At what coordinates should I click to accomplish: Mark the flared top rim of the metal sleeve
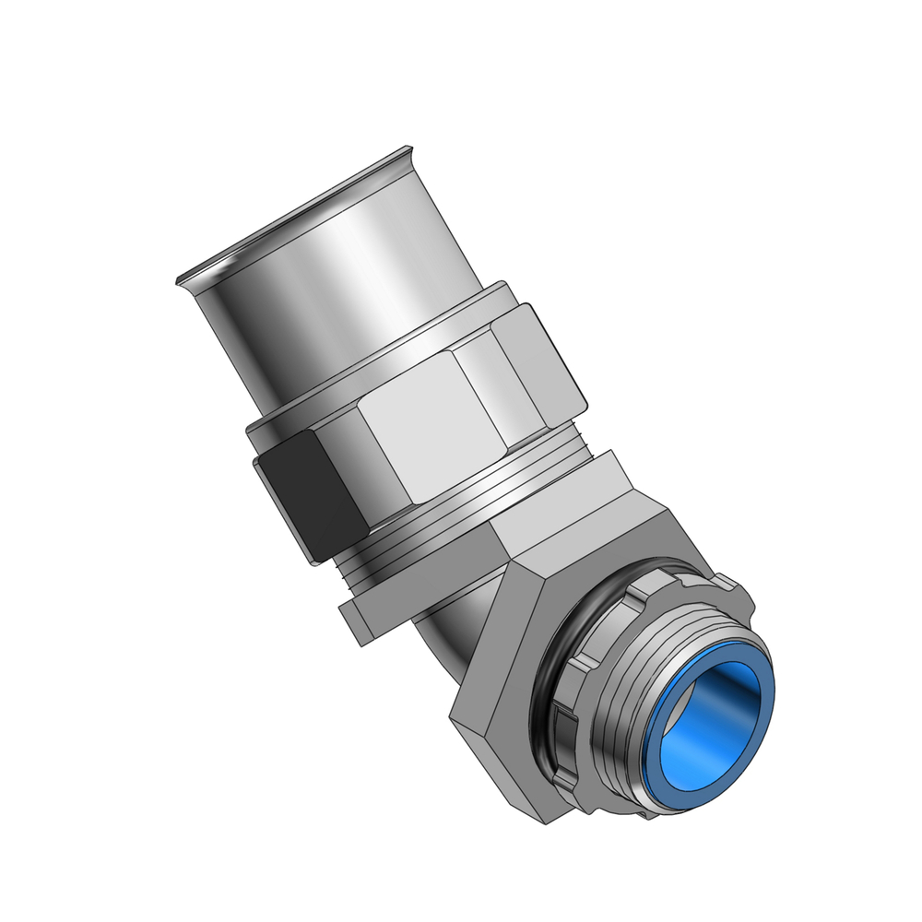[x=295, y=217]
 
